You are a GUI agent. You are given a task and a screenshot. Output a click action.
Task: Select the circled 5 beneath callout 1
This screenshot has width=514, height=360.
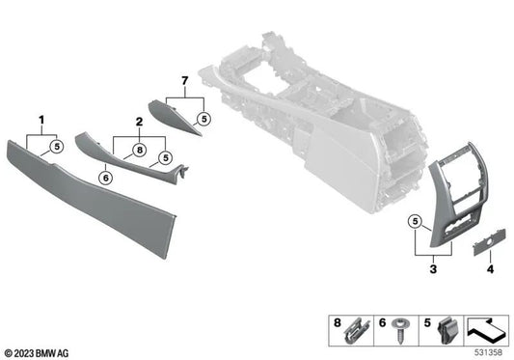coord(56,147)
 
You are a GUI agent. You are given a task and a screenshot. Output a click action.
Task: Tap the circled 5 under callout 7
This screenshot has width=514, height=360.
coord(203,120)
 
